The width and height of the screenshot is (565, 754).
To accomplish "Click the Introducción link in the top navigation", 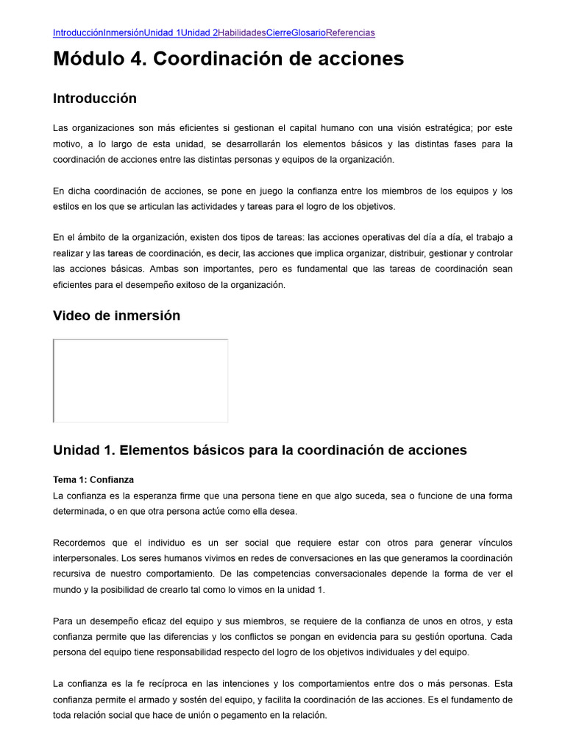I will click(78, 32).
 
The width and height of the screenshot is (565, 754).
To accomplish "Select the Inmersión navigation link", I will click(123, 32).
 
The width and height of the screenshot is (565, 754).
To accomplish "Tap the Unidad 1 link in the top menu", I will click(162, 32).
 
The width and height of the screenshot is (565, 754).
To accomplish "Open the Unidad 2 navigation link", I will click(199, 32).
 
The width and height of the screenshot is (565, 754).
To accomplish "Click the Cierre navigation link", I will click(278, 32).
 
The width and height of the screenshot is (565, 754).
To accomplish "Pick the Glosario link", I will click(308, 32).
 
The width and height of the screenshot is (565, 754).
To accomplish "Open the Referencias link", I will click(350, 32).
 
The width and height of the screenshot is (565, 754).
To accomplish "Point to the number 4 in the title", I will click(135, 59).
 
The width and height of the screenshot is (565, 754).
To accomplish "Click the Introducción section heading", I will click(95, 98).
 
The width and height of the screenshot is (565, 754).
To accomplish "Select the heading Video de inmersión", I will click(116, 316).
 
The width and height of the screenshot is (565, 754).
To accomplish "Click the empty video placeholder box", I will click(141, 381).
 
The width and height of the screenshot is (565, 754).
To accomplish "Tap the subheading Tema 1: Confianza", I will click(93, 479).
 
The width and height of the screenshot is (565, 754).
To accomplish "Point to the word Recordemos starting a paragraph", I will click(80, 543).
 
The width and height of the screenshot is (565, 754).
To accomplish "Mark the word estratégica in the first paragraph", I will click(437, 127).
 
